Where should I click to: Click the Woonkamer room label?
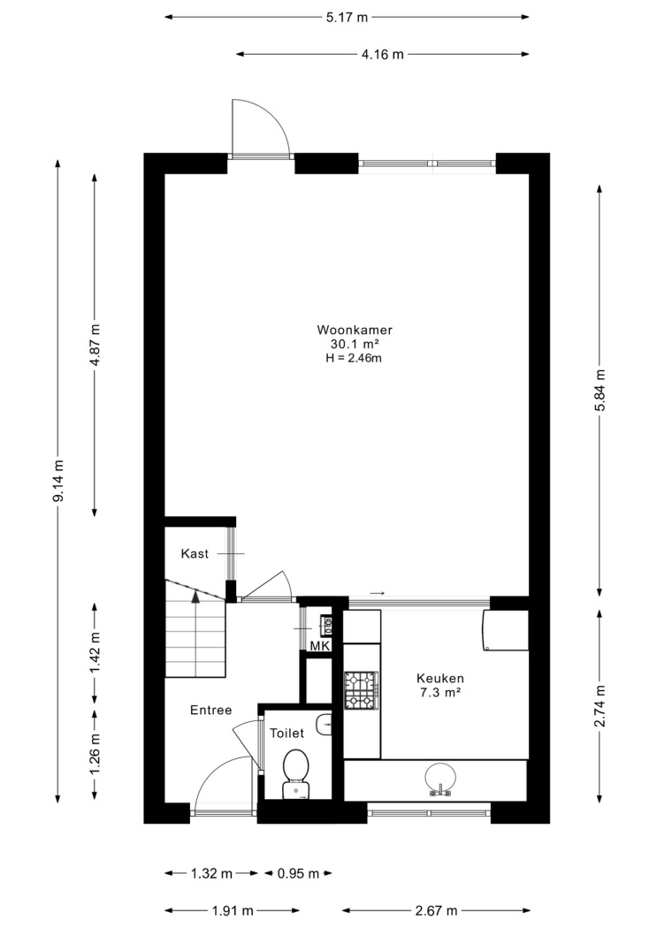(355, 331)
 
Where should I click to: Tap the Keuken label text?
(439, 679)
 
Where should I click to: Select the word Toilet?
(287, 734)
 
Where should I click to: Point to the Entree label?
(210, 711)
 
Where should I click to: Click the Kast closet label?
(195, 554)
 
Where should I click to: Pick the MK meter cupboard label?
(320, 646)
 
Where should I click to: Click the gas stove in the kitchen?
(362, 690)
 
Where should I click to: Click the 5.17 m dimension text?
(347, 18)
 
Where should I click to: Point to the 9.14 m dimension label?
(58, 481)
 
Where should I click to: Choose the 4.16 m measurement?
(382, 55)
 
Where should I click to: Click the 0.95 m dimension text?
(298, 873)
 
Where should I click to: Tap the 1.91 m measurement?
(233, 910)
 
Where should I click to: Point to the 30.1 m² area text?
(355, 344)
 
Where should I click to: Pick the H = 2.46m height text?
(354, 357)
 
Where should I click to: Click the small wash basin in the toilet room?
(325, 725)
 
